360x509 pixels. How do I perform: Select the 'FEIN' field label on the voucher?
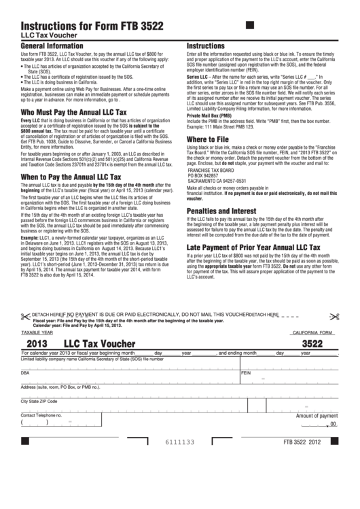[246, 373]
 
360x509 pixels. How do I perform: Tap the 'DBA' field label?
[25, 373]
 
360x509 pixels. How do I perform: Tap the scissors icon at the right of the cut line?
[334, 315]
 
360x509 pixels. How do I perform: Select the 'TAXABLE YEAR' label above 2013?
[35, 333]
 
